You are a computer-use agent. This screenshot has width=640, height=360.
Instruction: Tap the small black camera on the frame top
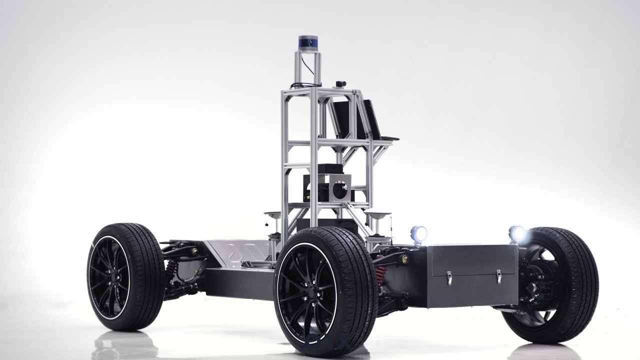pos(341,83)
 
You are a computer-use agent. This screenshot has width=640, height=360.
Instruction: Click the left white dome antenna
pos(272,215)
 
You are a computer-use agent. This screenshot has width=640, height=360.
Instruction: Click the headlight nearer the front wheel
pos(418,233)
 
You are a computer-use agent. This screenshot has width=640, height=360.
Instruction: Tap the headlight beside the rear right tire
pos(516,233)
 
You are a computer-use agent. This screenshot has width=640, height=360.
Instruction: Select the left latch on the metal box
pos(449,278)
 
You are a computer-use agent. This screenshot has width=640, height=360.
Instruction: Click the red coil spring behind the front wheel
pos(381,276)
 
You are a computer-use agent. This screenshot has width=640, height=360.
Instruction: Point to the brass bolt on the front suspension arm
pos(404,259)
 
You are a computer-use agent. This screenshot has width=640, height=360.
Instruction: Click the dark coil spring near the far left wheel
pos(171,269)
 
